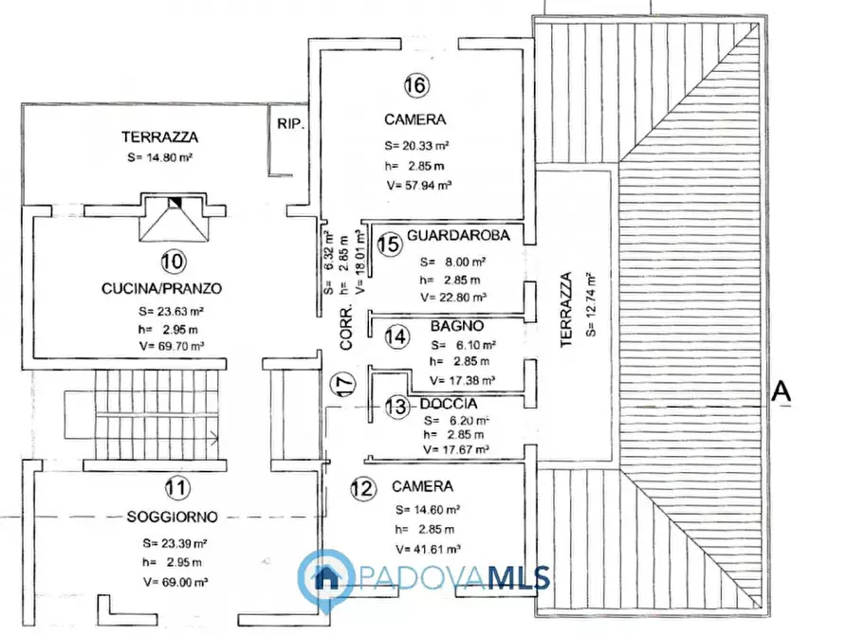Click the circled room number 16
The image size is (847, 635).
pos(416,84)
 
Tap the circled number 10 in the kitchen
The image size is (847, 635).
pos(174,262)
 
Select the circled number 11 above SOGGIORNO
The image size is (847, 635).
pos(177,487)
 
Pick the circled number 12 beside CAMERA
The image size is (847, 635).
pos(362,489)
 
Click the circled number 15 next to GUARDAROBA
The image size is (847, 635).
pos(389,244)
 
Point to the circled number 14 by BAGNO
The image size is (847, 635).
pos(397,337)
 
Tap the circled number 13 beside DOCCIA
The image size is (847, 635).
pos(397,406)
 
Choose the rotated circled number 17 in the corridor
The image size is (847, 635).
pos(343,384)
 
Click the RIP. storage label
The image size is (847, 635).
pos(290,123)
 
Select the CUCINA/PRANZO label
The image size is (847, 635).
pos(161,288)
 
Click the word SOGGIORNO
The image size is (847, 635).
pos(173,517)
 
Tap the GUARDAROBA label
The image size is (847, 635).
pos(458,235)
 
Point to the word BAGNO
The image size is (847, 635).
pos(457,326)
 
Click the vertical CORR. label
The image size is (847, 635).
pos(345,327)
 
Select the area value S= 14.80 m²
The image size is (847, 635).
pos(160,157)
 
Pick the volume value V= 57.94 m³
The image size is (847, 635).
pos(419,185)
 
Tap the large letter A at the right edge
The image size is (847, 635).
pos(781,390)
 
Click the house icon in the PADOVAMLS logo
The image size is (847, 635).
pos(325,577)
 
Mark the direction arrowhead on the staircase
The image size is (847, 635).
pos(214,438)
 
